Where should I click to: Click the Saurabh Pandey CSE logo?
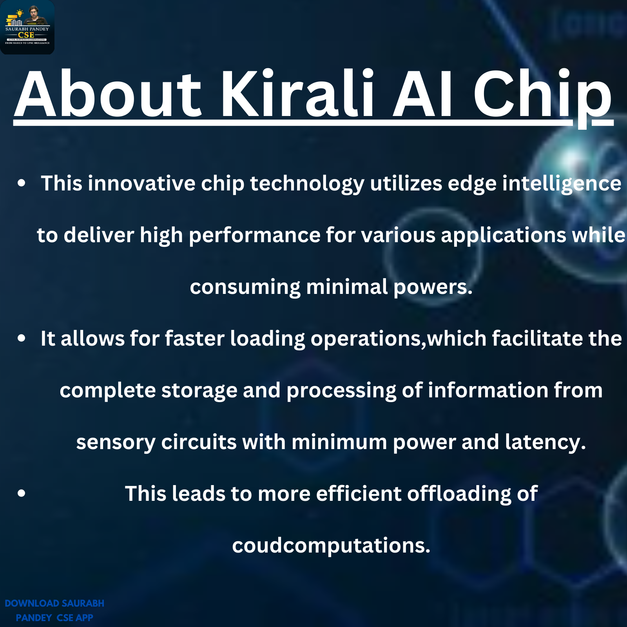pyautogui.click(x=27, y=27)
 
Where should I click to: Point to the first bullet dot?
pyautogui.click(x=22, y=183)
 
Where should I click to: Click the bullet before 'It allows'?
pyautogui.click(x=22, y=339)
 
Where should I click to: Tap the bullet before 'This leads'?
pyautogui.click(x=22, y=494)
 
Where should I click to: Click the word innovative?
pyautogui.click(x=141, y=183)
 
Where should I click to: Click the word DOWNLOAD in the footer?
pyautogui.click(x=32, y=603)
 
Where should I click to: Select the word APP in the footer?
pyautogui.click(x=84, y=618)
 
